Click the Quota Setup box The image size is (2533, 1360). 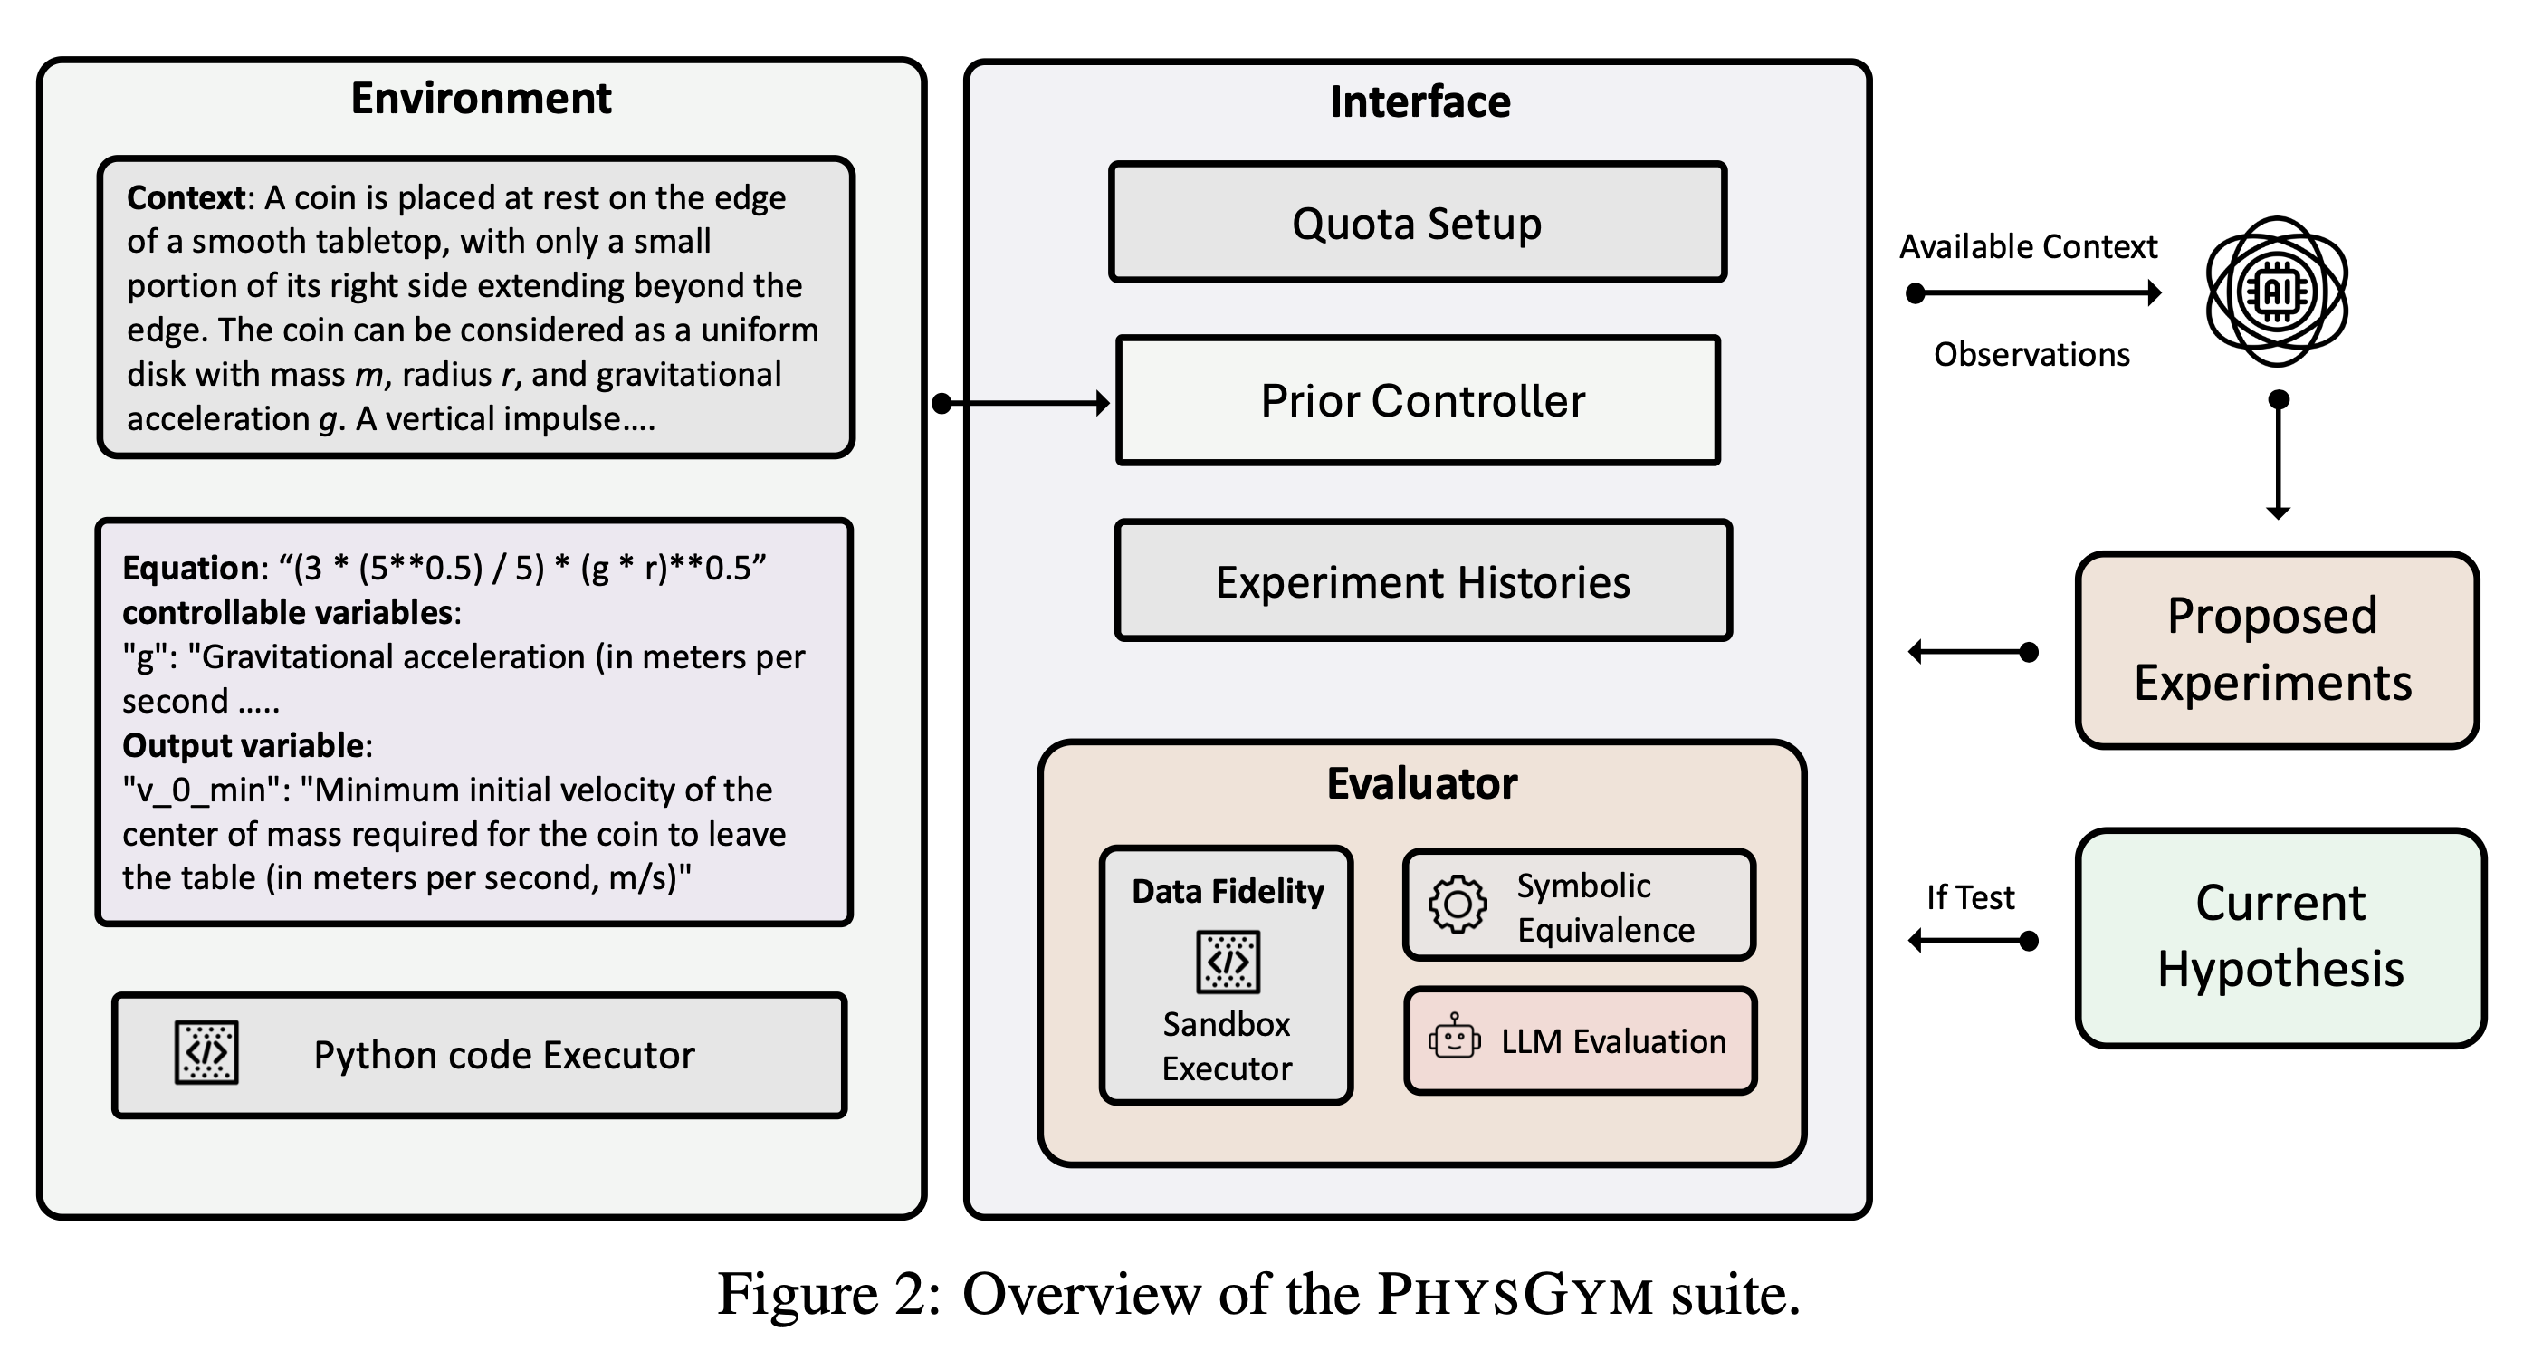click(x=1417, y=224)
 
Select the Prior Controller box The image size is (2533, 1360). click(x=1417, y=400)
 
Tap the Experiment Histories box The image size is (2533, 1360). click(x=1422, y=581)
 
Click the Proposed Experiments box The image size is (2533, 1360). click(x=2275, y=650)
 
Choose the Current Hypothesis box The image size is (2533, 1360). click(x=2280, y=937)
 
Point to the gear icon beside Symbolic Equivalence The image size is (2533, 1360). click(x=1458, y=904)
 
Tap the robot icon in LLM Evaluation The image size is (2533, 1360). click(x=1454, y=1039)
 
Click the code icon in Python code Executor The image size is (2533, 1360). click(x=206, y=1053)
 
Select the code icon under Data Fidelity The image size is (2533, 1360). click(x=1228, y=962)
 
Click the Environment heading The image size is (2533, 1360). click(x=481, y=99)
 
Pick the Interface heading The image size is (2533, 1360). click(x=1419, y=102)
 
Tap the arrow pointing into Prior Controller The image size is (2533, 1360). click(x=1023, y=403)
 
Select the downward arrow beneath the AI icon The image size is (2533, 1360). click(x=2278, y=457)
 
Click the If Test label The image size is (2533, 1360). click(x=1970, y=896)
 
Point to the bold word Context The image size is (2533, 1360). click(x=186, y=197)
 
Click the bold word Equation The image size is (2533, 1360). click(x=190, y=569)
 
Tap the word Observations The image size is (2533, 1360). click(x=2031, y=354)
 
